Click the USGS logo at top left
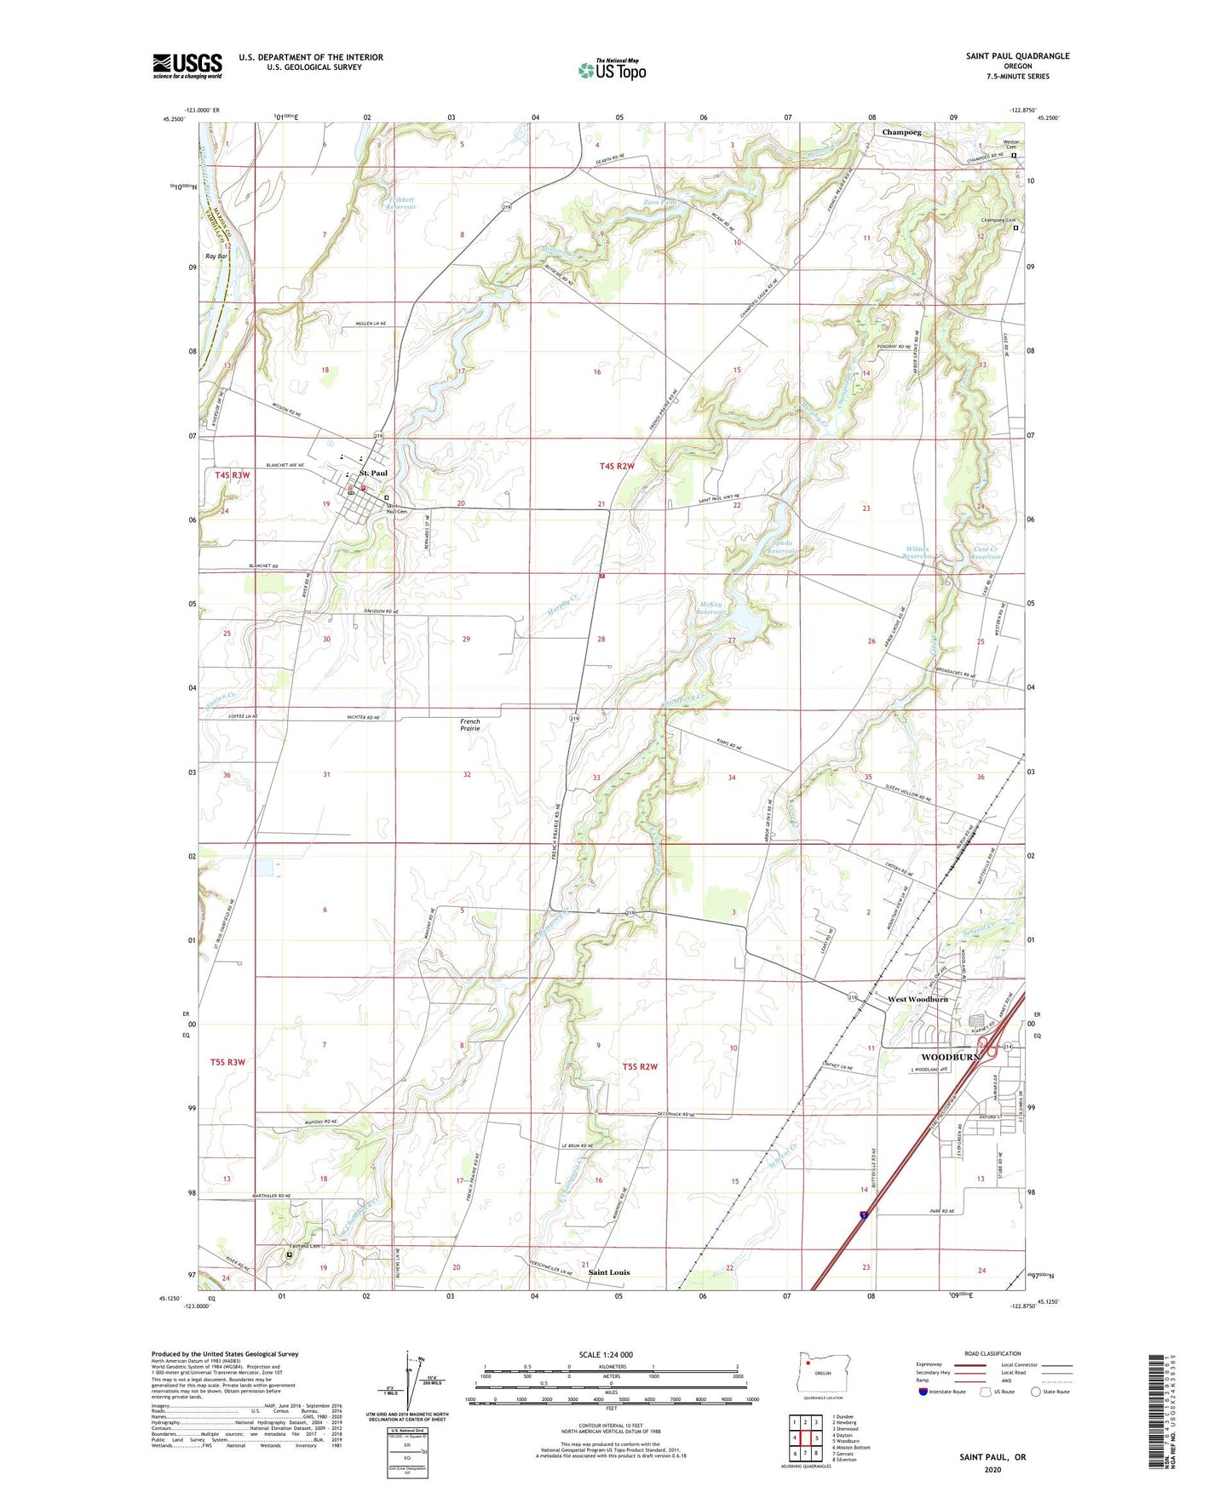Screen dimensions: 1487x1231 click(x=187, y=66)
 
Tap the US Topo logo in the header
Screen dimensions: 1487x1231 click(x=612, y=70)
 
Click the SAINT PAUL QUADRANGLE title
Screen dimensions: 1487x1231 click(x=1017, y=56)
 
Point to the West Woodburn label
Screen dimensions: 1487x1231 click(x=917, y=999)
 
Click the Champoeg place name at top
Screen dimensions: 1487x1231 click(x=901, y=133)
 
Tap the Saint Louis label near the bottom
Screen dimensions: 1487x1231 click(x=609, y=1272)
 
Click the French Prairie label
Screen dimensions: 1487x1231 click(x=470, y=725)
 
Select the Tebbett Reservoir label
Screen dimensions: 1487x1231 click(x=400, y=203)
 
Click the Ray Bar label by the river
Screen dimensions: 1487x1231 click(x=216, y=255)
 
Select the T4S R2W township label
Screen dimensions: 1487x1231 click(x=617, y=466)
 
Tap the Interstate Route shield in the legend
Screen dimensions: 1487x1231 click(x=924, y=1392)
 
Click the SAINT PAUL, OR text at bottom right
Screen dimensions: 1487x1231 click(x=992, y=1457)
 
